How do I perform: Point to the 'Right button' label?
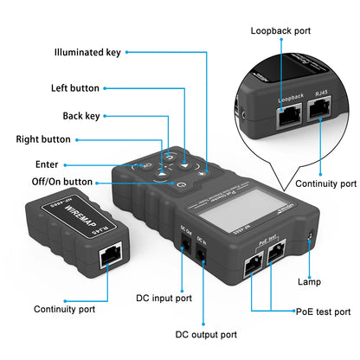(43, 138)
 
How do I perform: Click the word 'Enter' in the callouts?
(47, 163)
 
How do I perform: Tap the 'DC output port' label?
(206, 334)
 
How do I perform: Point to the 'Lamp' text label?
(309, 281)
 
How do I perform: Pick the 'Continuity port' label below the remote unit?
(65, 308)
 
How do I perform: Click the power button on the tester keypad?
(180, 183)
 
